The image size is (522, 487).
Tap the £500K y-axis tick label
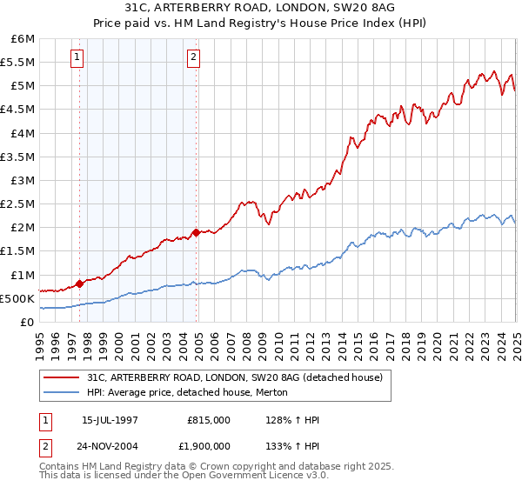click(17, 298)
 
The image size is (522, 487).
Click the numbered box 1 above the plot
click(78, 58)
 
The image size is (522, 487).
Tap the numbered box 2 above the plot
click(192, 58)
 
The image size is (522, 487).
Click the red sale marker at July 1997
click(79, 283)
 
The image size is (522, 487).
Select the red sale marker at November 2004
click(197, 232)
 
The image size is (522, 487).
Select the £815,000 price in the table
click(209, 420)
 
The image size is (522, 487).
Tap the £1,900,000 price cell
click(204, 445)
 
